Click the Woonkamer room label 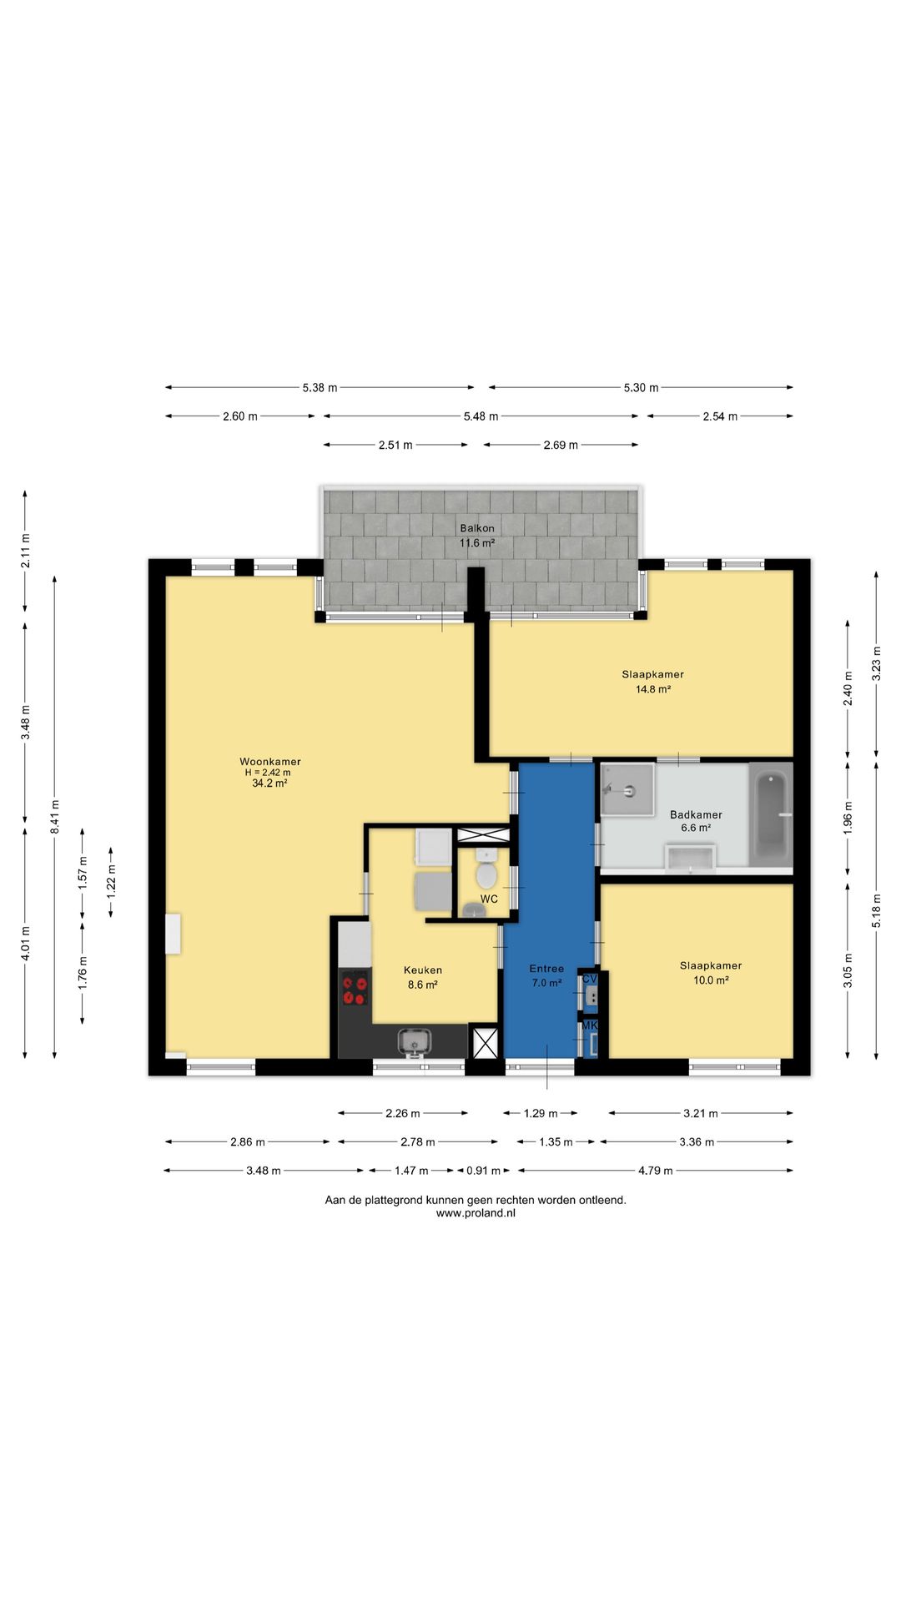click(270, 761)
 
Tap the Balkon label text click(477, 528)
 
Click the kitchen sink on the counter click(415, 1042)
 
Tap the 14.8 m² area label click(653, 689)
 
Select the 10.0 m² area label click(711, 980)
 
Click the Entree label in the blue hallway click(546, 969)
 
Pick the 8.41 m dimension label click(55, 818)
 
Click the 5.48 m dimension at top click(481, 416)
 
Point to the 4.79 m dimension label click(655, 1171)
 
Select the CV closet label click(590, 979)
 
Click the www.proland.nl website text click(476, 1213)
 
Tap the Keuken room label click(423, 970)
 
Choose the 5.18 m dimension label click(876, 910)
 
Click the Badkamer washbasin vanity click(690, 858)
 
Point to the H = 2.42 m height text click(268, 773)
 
